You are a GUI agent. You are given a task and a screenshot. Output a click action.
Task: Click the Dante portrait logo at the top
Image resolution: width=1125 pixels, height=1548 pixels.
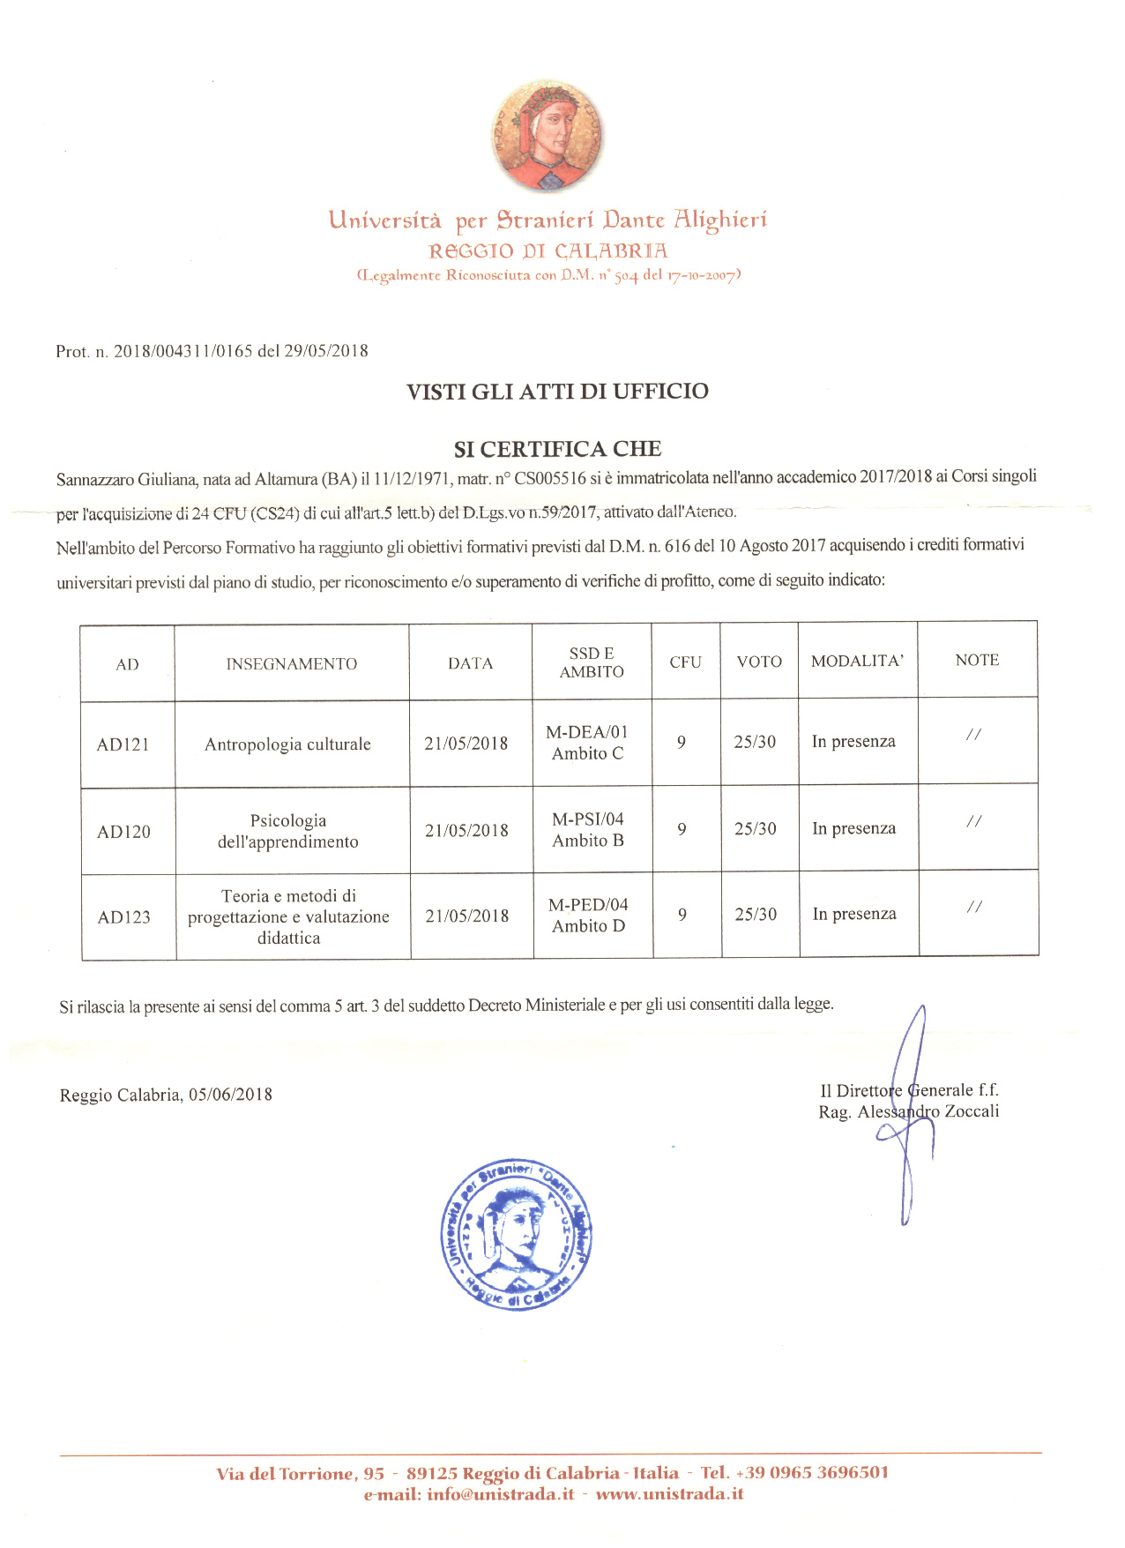[548, 135]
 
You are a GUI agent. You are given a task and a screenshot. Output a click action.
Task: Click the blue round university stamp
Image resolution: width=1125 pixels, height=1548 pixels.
[517, 1234]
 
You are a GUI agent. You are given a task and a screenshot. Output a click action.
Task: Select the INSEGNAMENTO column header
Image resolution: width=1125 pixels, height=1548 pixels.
[291, 664]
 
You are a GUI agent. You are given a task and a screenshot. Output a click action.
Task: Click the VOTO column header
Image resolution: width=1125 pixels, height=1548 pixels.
[759, 662]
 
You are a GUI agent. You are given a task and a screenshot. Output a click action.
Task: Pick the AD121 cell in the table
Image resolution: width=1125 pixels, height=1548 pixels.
[123, 744]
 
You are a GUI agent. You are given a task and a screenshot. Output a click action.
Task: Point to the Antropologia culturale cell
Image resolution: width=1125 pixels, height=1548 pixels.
[287, 744]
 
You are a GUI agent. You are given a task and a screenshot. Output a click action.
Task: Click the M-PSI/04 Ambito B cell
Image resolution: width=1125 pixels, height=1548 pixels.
[588, 830]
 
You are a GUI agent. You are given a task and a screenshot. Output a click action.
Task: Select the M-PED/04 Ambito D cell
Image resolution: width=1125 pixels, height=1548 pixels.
[588, 916]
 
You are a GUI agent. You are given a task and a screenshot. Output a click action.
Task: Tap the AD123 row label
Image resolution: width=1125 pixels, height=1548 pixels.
[123, 917]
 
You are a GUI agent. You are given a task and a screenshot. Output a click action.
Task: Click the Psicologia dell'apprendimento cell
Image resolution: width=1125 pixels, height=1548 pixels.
[288, 831]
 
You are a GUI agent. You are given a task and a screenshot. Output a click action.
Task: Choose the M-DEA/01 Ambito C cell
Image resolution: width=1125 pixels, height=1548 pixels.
[587, 743]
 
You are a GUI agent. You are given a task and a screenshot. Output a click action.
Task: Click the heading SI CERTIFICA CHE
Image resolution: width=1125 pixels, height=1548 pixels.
[557, 449]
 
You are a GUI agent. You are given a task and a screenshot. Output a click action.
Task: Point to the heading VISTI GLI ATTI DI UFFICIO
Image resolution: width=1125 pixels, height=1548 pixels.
[557, 392]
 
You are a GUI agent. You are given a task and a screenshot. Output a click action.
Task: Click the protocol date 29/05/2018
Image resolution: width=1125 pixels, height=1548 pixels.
[326, 351]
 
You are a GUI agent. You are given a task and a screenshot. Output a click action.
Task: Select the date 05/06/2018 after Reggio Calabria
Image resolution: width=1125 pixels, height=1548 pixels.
[230, 1095]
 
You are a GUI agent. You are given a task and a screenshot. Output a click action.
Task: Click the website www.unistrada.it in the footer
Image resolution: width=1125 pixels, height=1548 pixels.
[669, 1494]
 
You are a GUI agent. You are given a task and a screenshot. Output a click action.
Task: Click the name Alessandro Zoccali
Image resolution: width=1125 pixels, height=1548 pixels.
[928, 1111]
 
